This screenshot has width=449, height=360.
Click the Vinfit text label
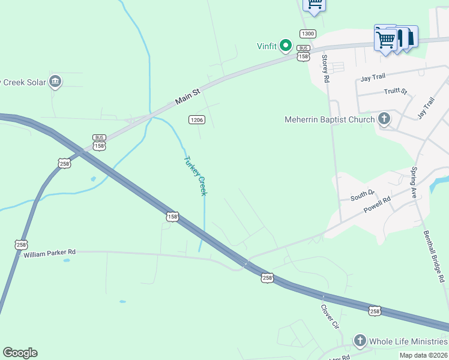[267, 46]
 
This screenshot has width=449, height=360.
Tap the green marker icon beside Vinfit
[286, 46]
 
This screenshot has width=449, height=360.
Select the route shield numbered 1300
[307, 34]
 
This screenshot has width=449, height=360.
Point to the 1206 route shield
[197, 119]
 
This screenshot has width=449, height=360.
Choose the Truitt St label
[396, 92]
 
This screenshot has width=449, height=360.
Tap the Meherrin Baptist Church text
[330, 119]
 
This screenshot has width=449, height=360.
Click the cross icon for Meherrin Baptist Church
[384, 119]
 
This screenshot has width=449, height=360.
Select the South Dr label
[363, 194]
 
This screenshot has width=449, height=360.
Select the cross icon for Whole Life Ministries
[360, 341]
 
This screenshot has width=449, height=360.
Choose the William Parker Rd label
[50, 253]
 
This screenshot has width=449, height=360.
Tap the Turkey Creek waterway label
[195, 176]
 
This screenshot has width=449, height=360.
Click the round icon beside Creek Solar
[55, 82]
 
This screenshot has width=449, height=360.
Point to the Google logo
[20, 353]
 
